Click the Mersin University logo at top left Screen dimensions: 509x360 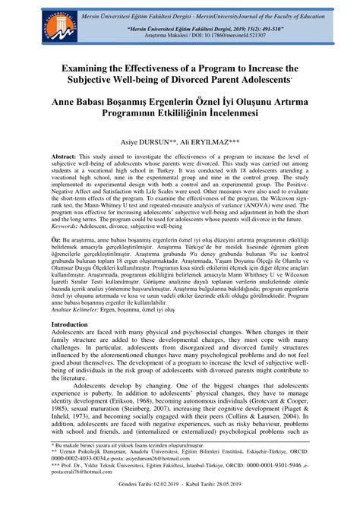pyautogui.click(x=27, y=23)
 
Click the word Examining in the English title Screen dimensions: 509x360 pyautogui.click(x=83, y=68)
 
